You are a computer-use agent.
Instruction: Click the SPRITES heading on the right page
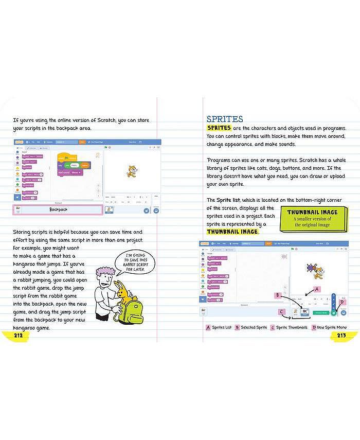click(225, 119)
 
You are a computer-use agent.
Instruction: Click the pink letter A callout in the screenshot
click(317, 289)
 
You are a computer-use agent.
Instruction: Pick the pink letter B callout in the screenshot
click(278, 295)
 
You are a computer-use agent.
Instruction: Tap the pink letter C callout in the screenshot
click(281, 311)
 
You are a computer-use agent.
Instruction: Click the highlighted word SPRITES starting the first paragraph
click(218, 128)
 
